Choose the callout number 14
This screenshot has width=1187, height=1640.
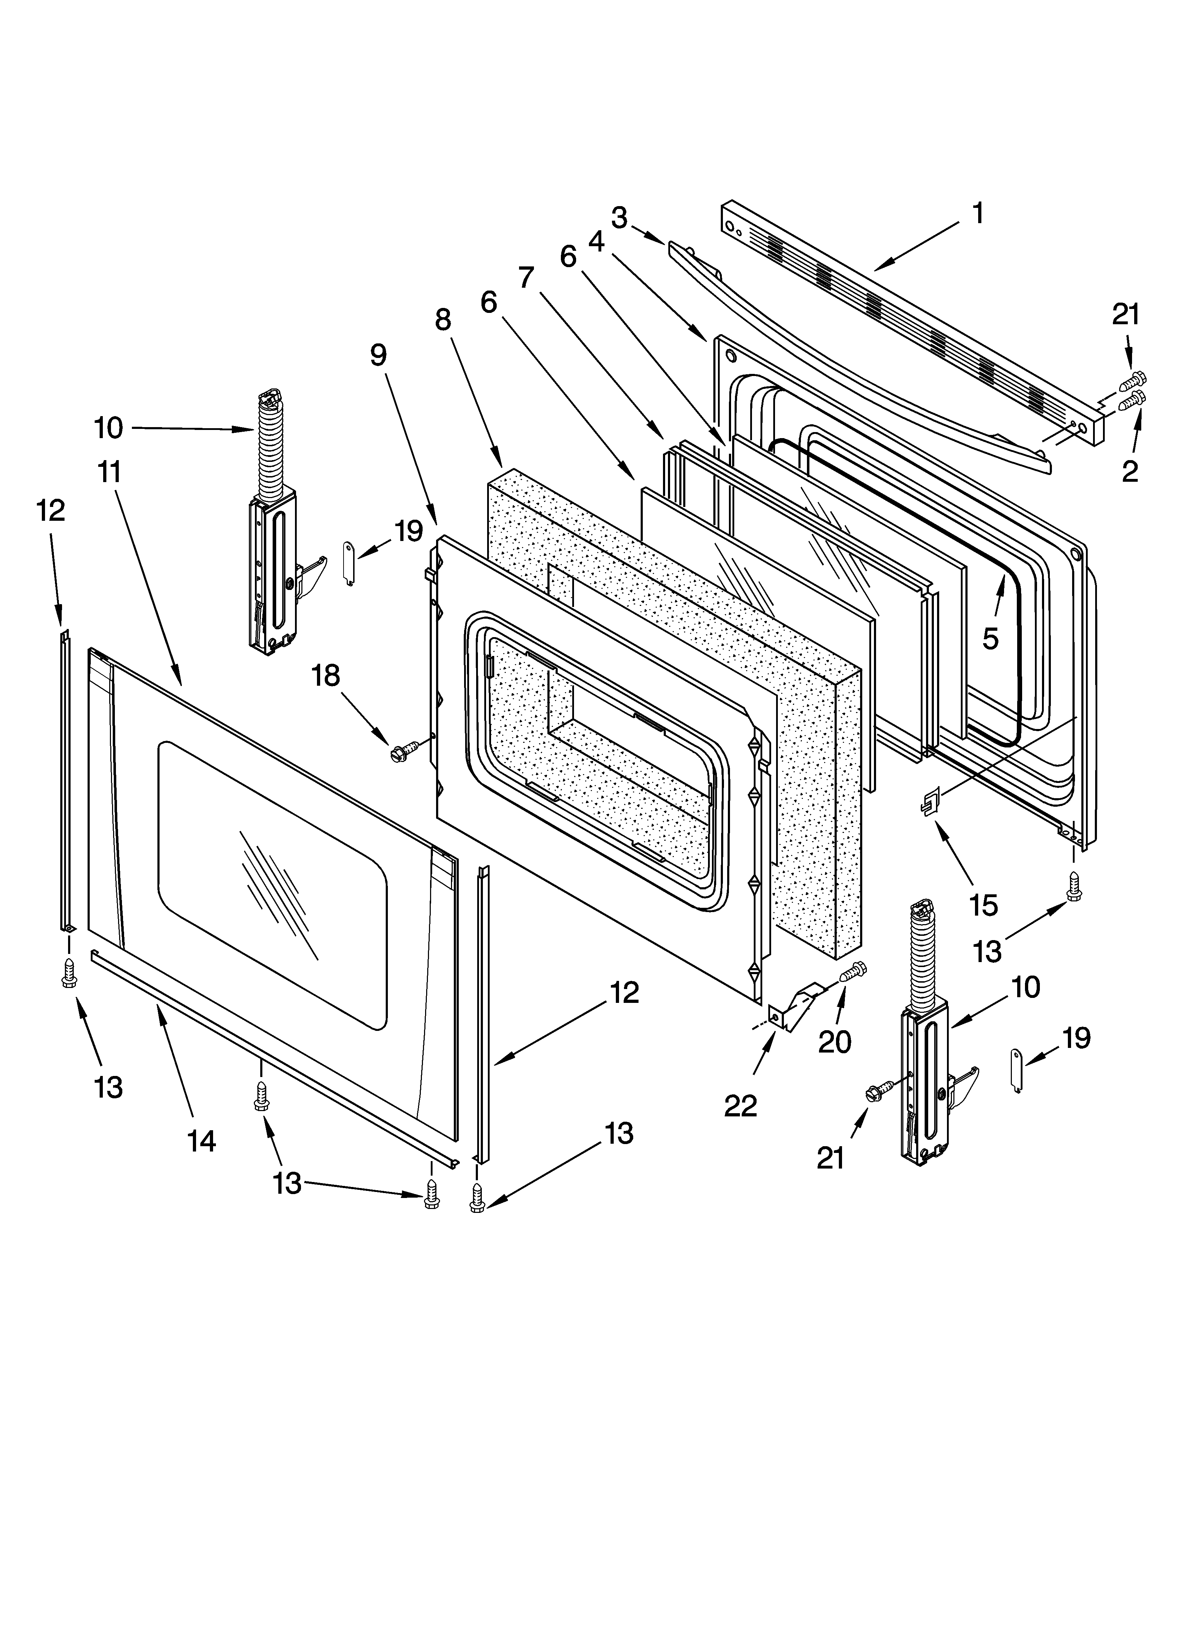coord(202,1141)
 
